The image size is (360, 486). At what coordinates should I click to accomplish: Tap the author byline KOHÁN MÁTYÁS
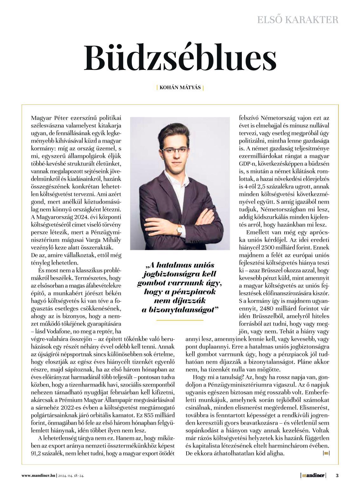[180, 87]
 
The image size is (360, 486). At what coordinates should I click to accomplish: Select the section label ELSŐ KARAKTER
[297, 20]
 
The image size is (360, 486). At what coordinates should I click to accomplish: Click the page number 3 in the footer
[337, 476]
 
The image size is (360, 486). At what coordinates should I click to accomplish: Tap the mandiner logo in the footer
[313, 476]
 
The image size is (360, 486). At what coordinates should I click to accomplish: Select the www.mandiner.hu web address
[39, 476]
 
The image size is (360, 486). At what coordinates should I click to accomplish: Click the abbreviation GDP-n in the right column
[250, 164]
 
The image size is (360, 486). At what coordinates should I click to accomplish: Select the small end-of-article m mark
[326, 453]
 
